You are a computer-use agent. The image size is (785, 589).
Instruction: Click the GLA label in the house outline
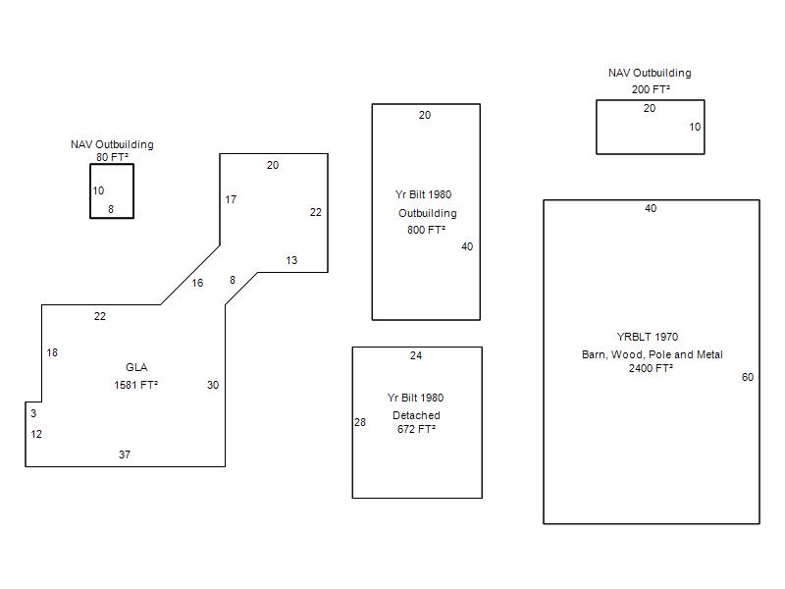136,367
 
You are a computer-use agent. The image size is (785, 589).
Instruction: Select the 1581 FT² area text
135,385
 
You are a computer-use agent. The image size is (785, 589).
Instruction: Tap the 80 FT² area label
112,157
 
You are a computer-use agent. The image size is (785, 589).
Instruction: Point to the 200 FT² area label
651,89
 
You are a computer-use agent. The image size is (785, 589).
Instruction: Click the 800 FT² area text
426,230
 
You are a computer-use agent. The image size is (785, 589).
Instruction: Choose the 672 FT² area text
416,429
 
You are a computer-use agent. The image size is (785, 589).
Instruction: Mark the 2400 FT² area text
651,368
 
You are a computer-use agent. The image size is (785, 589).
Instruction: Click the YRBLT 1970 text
648,337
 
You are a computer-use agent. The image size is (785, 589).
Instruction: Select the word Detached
416,415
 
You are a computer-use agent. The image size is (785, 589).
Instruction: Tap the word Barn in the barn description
593,354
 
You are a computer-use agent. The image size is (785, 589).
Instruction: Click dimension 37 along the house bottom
125,455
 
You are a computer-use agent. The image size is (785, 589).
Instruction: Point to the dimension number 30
213,385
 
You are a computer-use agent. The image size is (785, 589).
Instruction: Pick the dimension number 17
231,199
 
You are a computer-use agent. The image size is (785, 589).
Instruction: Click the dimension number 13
291,260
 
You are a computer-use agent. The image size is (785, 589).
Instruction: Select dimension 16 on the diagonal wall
197,283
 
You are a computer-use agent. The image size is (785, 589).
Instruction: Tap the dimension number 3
33,413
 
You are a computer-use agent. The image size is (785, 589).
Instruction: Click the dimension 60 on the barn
748,377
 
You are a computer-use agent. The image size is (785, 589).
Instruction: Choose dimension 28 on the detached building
360,422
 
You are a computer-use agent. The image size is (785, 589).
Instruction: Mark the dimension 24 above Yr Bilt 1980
416,355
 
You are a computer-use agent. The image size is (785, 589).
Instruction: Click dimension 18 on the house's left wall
52,352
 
